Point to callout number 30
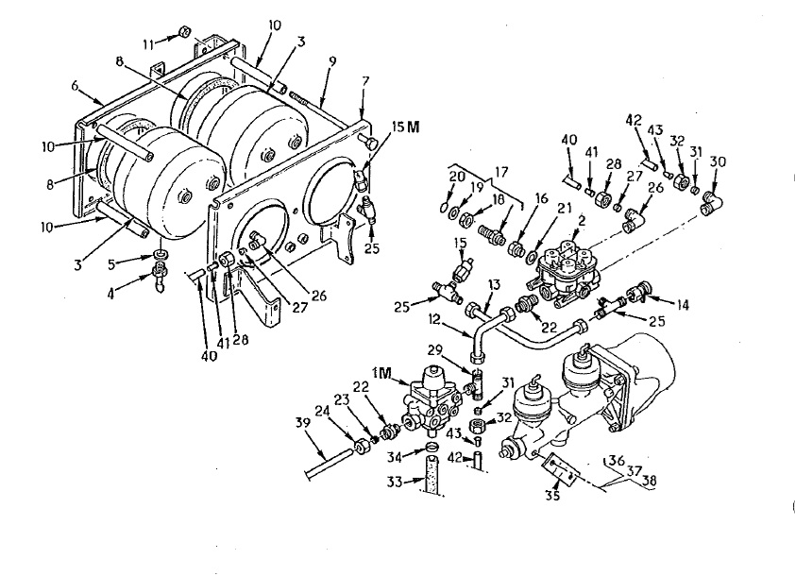click(719, 162)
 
